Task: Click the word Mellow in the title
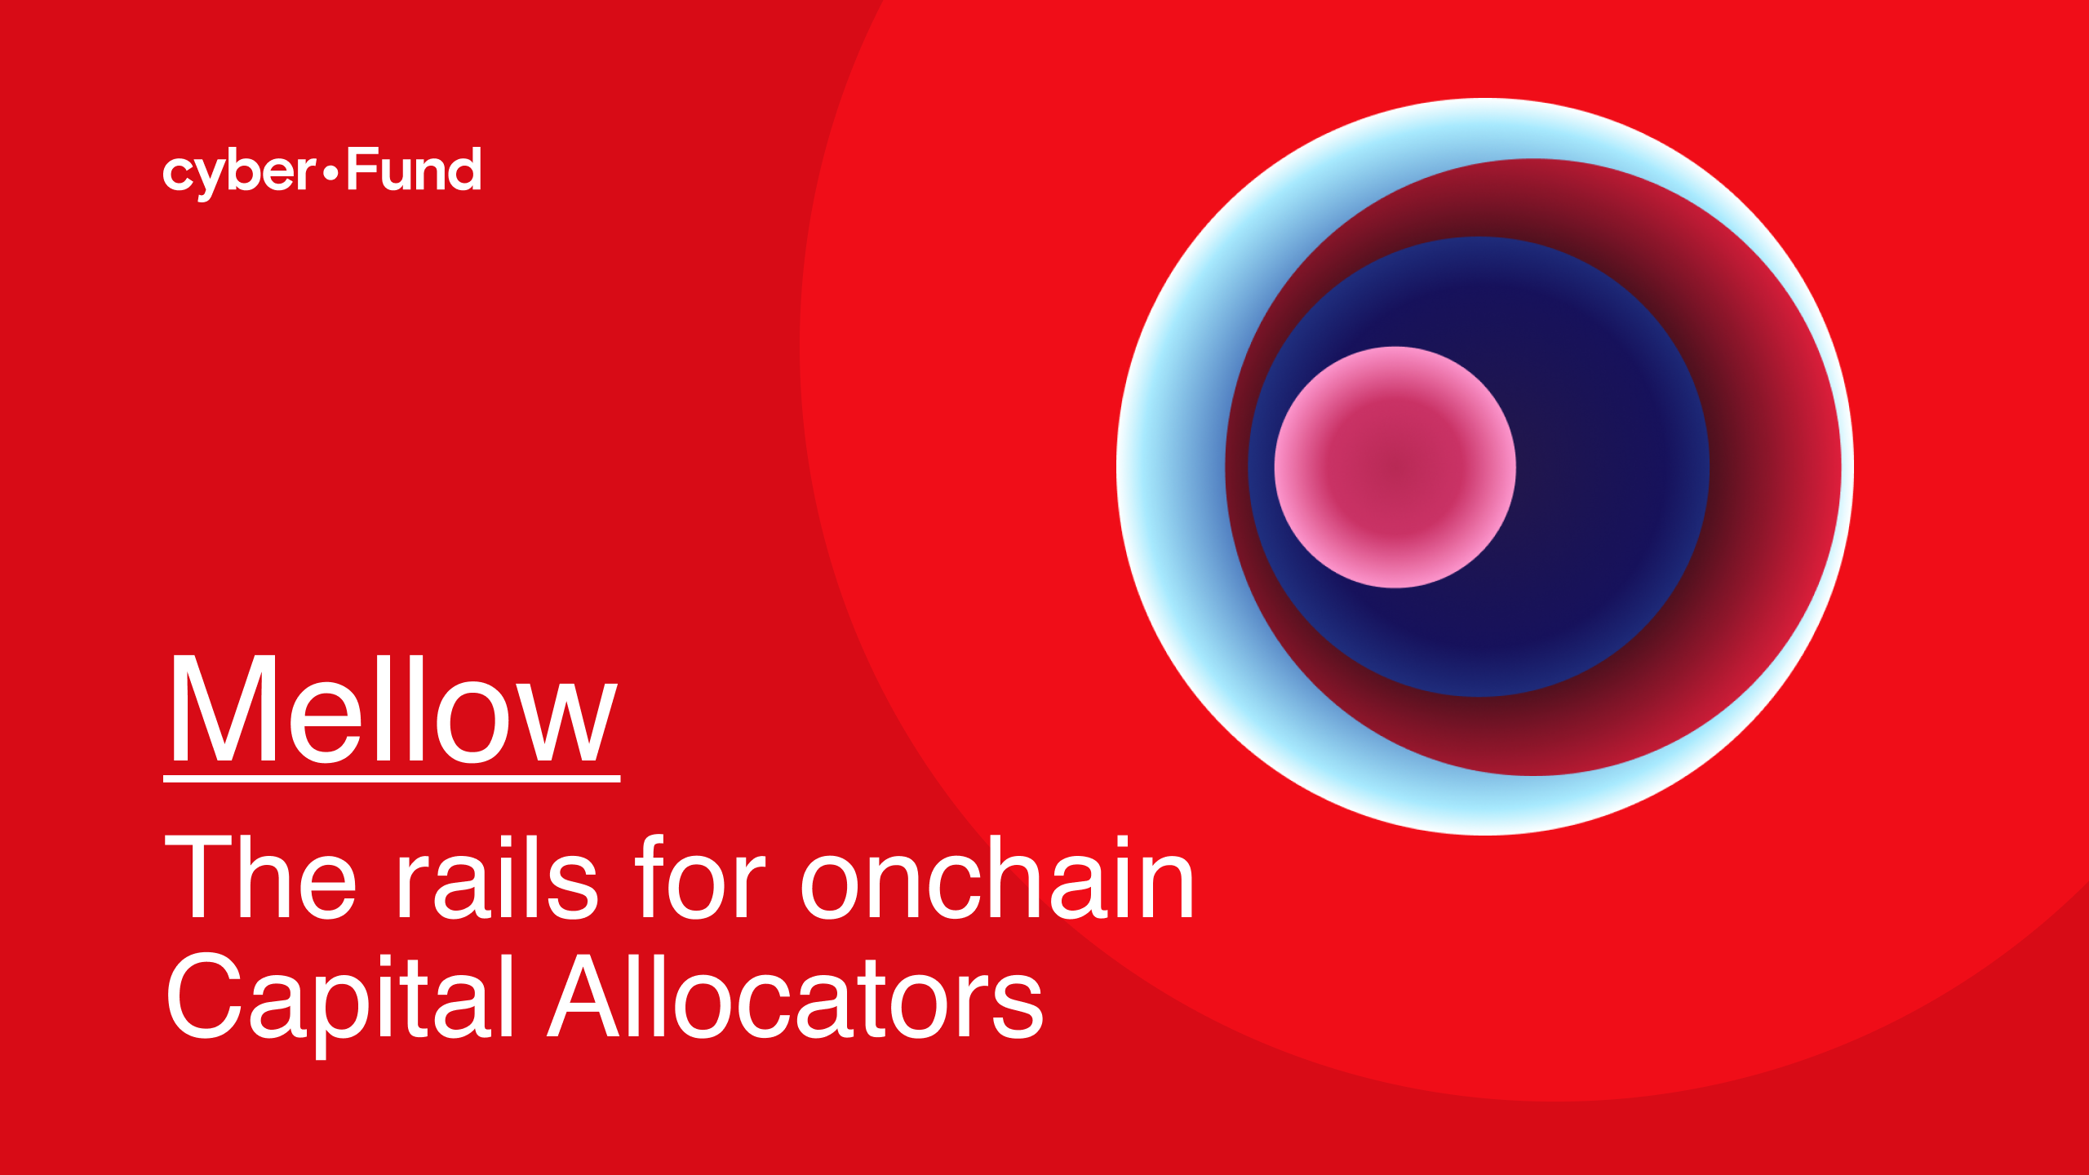click(x=392, y=710)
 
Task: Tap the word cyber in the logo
click(x=239, y=171)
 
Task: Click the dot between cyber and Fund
click(x=330, y=172)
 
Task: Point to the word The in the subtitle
click(x=260, y=877)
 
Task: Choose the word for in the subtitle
click(x=700, y=877)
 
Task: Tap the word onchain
click(x=997, y=877)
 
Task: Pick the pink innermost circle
click(x=1395, y=467)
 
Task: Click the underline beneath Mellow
click(x=392, y=779)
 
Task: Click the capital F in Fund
click(x=359, y=169)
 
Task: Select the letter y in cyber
click(x=214, y=176)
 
